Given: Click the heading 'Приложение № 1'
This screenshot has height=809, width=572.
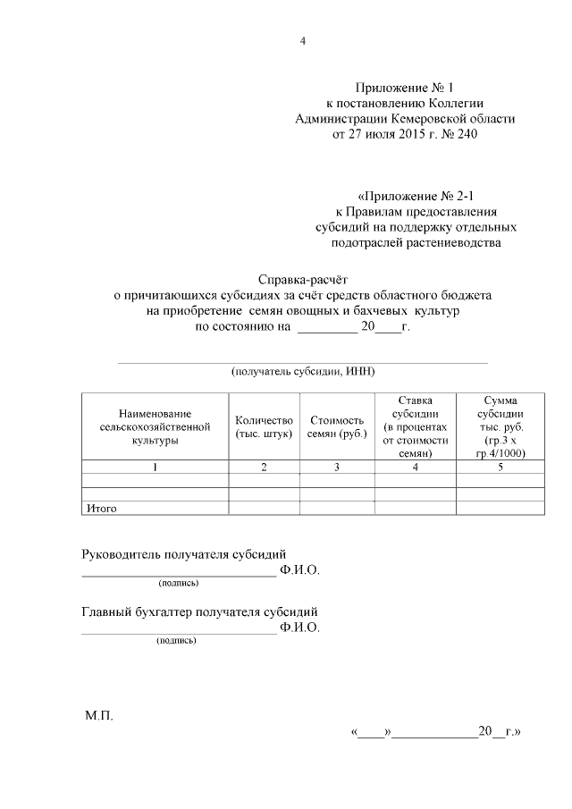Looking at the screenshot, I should pyautogui.click(x=405, y=88).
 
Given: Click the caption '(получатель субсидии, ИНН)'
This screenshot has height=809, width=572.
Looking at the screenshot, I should pyautogui.click(x=302, y=370).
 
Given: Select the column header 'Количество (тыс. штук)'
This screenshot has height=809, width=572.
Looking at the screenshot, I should pyautogui.click(x=264, y=426).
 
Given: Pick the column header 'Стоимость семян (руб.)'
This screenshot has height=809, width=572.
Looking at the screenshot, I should pyautogui.click(x=336, y=426).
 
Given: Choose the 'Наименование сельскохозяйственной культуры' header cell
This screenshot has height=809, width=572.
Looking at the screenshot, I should pyautogui.click(x=155, y=426).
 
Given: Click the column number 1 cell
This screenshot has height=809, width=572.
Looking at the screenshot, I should pyautogui.click(x=155, y=467).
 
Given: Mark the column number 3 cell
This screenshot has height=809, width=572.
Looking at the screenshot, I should pyautogui.click(x=336, y=467).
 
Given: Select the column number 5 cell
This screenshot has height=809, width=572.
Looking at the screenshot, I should pyautogui.click(x=500, y=467).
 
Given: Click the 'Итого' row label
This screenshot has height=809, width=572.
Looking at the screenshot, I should pyautogui.click(x=102, y=508).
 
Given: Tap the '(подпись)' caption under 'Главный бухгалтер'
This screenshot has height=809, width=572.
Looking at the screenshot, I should pyautogui.click(x=176, y=640).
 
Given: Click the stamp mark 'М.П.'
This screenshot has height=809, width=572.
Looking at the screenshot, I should pyautogui.click(x=99, y=716).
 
